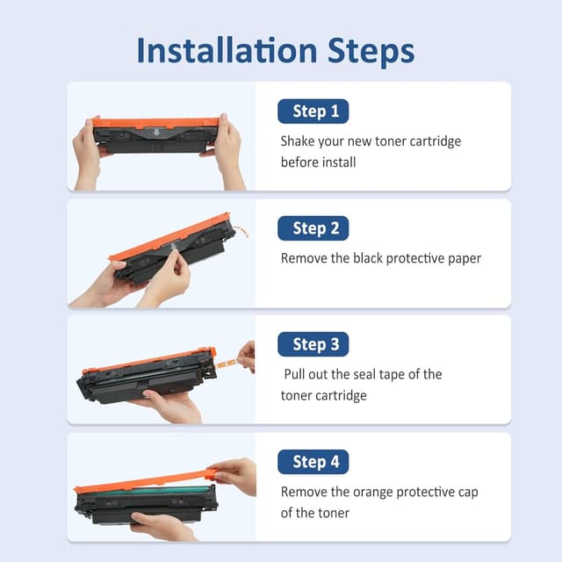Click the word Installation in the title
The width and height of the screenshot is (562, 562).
coord(227,51)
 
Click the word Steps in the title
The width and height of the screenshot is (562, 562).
coord(371,53)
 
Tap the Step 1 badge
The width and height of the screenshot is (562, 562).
coord(313,112)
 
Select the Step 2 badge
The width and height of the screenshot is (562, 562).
coord(313,228)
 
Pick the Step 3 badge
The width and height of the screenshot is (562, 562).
coord(313,344)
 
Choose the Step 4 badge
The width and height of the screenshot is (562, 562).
coord(313,462)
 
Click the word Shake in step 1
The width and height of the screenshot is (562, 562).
coord(297,140)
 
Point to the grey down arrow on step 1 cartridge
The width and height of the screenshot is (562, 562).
coord(156,133)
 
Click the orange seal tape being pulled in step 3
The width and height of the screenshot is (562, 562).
coord(227,364)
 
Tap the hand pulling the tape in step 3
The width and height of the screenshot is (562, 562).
coord(246,357)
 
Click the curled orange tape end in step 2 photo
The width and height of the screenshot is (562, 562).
coord(242,230)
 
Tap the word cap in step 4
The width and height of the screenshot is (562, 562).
coord(468,493)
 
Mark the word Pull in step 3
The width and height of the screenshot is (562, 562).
coord(295,374)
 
